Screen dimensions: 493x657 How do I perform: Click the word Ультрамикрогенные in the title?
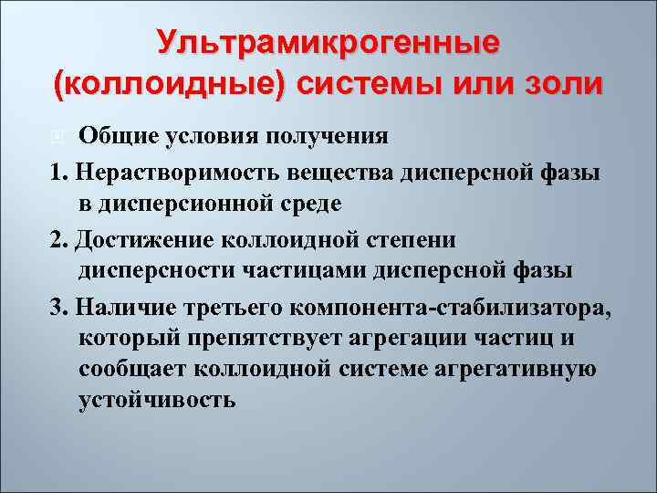pos(328,42)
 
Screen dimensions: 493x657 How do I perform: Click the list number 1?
pos(57,171)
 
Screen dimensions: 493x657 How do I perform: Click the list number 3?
pos(57,304)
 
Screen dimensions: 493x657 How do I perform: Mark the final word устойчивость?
pos(157,400)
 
